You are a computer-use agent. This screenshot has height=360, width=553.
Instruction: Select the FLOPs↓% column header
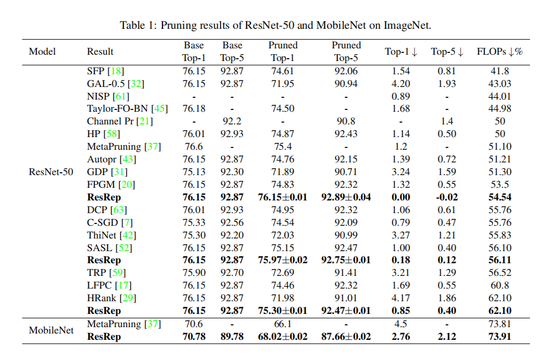[499, 52]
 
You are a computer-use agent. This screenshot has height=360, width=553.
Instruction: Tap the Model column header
[42, 52]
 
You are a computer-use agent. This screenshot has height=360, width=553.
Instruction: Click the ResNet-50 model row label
[51, 172]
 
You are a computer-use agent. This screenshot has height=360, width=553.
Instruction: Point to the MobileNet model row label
[51, 331]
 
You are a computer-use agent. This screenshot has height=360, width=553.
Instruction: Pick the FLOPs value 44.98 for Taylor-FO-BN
[499, 109]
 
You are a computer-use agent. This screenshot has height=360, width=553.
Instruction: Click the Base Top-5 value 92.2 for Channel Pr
[232, 122]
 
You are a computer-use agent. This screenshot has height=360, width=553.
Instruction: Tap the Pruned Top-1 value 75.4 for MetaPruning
[283, 147]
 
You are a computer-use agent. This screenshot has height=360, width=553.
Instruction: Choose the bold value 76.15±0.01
[283, 198]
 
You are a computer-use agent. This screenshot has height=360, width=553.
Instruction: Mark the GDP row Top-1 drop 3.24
[401, 172]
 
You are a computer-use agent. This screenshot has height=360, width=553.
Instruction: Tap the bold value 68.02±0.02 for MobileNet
[283, 337]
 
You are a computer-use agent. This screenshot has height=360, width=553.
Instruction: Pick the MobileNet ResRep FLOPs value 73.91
[499, 337]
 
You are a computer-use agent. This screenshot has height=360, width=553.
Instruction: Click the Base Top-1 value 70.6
[194, 324]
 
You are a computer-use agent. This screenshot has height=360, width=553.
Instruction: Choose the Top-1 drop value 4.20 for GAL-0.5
[401, 84]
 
